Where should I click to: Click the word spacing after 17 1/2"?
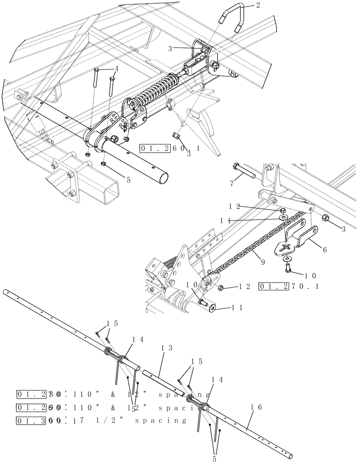point(160,420)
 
